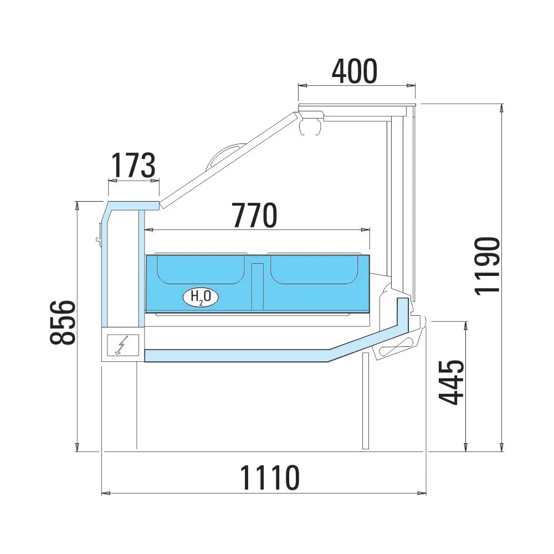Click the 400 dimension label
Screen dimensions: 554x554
pos(355,71)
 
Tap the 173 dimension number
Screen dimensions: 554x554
pos(134,165)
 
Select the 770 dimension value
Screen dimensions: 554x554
pos(255,215)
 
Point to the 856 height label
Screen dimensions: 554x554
pos(63,322)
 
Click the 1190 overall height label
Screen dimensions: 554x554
pos(488,266)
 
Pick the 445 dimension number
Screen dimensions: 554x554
pos(450,382)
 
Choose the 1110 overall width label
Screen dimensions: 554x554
pos(270,478)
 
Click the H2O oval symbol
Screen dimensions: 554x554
pos(201,297)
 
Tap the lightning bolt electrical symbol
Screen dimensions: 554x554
pos(120,345)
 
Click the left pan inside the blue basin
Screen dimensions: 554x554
pos(201,269)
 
